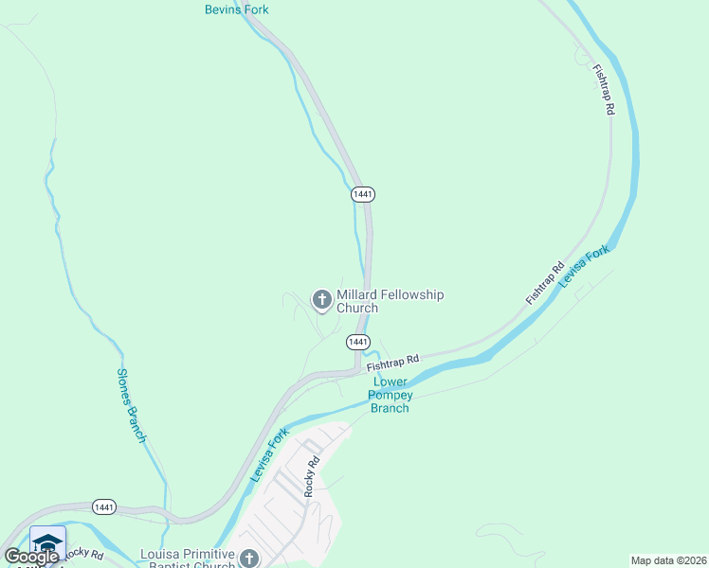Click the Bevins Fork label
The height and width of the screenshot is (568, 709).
pyautogui.click(x=237, y=9)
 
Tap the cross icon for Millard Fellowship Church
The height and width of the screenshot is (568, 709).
pyautogui.click(x=321, y=300)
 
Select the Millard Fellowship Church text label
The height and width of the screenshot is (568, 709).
pyautogui.click(x=390, y=301)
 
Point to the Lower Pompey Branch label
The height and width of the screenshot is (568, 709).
pyautogui.click(x=390, y=396)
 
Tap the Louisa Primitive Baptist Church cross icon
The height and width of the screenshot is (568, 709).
pyautogui.click(x=249, y=559)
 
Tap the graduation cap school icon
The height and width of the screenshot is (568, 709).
pyautogui.click(x=47, y=541)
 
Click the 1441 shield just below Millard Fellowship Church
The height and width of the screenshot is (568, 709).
pyautogui.click(x=357, y=341)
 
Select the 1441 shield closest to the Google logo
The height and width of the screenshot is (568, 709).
pyautogui.click(x=105, y=507)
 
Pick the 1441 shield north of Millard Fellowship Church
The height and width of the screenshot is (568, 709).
pyautogui.click(x=363, y=193)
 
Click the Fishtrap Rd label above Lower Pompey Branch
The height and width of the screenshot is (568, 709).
pyautogui.click(x=392, y=363)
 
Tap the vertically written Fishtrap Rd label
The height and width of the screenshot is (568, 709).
pyautogui.click(x=604, y=90)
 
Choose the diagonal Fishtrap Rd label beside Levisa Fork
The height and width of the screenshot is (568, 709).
pyautogui.click(x=545, y=282)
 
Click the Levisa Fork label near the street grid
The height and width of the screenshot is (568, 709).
pyautogui.click(x=269, y=455)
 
